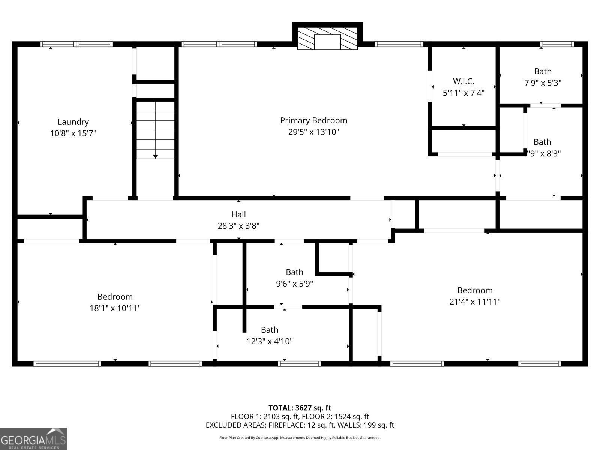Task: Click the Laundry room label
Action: [x=73, y=122]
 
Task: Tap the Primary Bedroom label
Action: [x=313, y=120]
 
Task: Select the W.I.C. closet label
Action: [x=463, y=81]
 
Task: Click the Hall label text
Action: [x=238, y=214]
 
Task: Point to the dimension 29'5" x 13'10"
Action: [x=313, y=132]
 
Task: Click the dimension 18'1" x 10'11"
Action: [x=115, y=308]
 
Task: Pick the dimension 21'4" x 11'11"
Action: [x=475, y=301]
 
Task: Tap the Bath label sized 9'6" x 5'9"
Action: [x=294, y=272]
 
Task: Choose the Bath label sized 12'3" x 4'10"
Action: [x=270, y=330]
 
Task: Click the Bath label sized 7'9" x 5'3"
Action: [x=543, y=71]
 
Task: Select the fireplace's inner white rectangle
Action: [x=327, y=42]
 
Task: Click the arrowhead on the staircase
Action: [x=155, y=156]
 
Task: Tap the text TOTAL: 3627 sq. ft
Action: [x=300, y=408]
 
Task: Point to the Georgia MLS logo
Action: [x=34, y=438]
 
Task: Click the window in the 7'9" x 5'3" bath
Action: [x=557, y=44]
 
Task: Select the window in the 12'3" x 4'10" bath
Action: [x=299, y=364]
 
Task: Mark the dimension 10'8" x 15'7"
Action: [x=73, y=133]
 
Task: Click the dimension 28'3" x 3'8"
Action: [x=238, y=226]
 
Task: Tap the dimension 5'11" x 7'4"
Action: [x=463, y=93]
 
